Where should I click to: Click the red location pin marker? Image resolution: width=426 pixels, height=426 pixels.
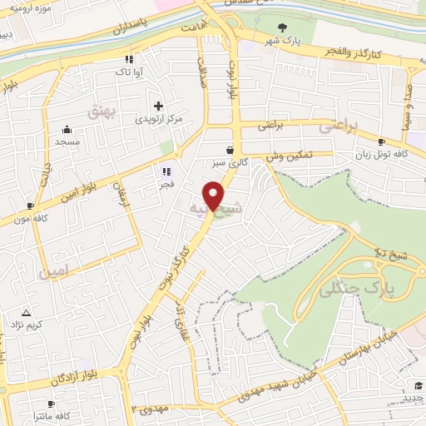215,196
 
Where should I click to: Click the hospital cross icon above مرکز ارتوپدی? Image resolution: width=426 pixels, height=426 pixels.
159,106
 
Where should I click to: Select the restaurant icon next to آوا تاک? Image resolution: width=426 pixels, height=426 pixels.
128,60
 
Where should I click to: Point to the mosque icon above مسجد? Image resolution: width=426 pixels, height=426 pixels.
67,129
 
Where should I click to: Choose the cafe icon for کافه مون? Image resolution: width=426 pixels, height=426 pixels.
31,206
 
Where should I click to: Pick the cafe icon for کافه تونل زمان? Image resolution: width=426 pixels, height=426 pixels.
381,142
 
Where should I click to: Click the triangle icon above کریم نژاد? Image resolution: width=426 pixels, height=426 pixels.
26,314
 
